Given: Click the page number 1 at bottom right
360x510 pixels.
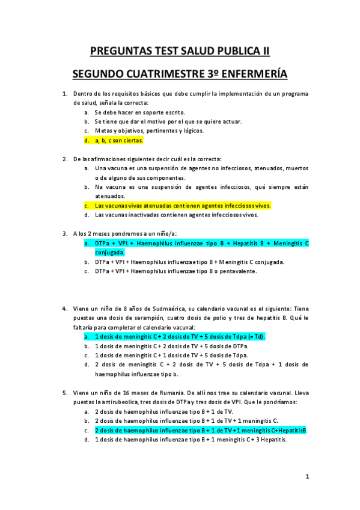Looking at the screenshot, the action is tap(307, 476).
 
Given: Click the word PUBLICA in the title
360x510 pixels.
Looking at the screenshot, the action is tap(231, 52).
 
